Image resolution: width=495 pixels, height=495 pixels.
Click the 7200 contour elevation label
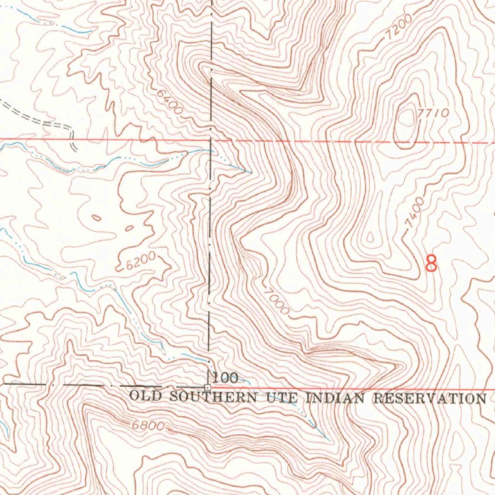click(400, 27)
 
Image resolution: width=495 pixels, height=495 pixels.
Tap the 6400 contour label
click(170, 102)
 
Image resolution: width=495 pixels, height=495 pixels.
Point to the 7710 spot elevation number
click(433, 113)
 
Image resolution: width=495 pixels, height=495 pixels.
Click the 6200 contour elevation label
click(140, 262)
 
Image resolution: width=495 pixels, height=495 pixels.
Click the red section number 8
click(431, 263)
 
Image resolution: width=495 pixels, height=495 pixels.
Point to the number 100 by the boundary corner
click(225, 378)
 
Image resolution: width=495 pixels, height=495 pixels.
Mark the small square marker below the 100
click(208, 388)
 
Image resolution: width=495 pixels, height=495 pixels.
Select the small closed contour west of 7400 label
click(370, 237)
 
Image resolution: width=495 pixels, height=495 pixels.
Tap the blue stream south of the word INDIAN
click(314, 423)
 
